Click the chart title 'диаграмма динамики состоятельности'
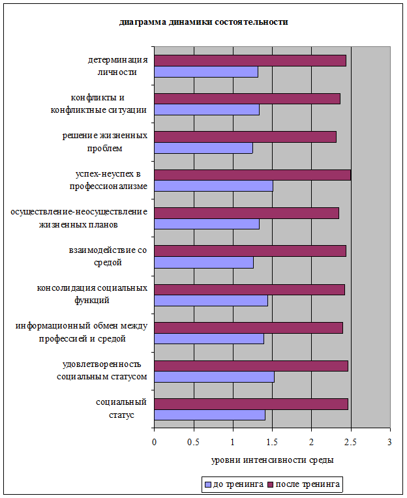tap(203, 22)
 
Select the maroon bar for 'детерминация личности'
tap(250, 61)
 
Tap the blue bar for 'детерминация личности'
tap(206, 72)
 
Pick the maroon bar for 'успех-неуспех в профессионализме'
tap(252, 175)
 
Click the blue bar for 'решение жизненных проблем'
tap(203, 148)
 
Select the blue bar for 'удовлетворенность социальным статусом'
tap(214, 377)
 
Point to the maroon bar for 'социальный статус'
tap(251, 404)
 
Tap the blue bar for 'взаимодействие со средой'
tap(204, 263)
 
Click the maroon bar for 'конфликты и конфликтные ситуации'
tap(247, 99)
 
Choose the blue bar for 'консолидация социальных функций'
tap(211, 300)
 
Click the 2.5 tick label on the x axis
tap(350, 442)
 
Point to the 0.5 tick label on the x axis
tap(193, 442)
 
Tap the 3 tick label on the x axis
tap(389, 442)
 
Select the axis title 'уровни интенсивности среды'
tap(273, 460)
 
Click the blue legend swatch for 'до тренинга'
tap(209, 485)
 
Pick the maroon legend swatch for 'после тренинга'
tap(271, 485)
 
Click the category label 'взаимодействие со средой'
tap(108, 256)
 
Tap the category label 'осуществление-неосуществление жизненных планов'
tap(79, 218)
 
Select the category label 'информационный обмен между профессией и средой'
tap(82, 332)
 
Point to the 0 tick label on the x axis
tap(155, 442)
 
